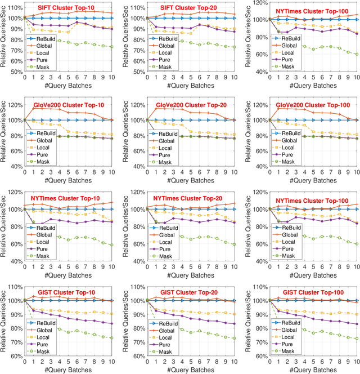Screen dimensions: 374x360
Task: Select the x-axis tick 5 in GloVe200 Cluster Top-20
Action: click(x=192, y=172)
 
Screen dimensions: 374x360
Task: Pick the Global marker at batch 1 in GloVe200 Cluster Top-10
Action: click(x=33, y=108)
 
